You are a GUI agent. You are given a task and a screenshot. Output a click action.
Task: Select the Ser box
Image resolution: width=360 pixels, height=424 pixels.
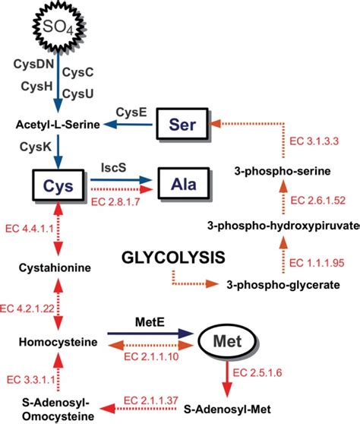tap(188, 123)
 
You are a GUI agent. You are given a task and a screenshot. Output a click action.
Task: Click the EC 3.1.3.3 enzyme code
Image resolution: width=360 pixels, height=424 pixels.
tap(312, 142)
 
